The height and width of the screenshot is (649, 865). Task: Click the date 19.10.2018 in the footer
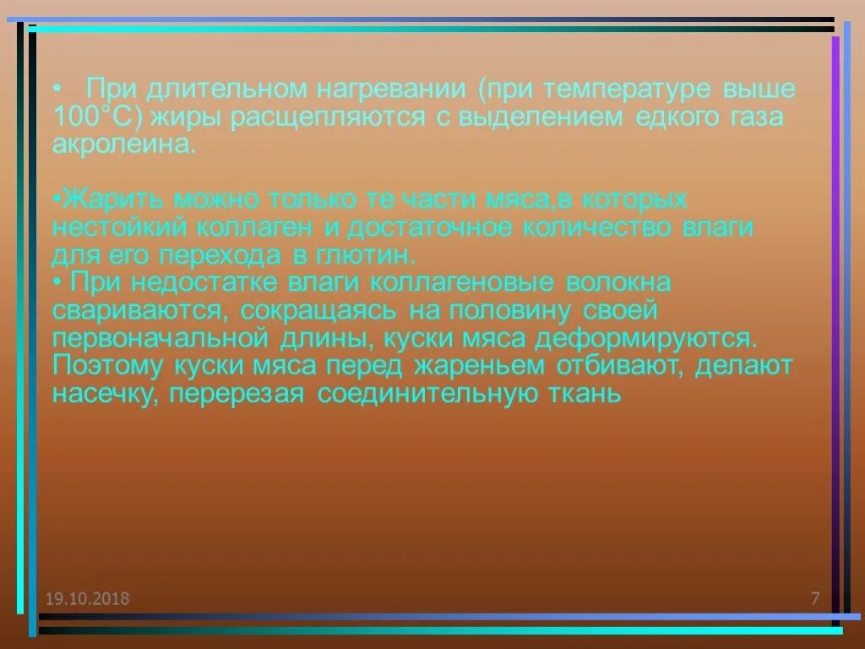88,599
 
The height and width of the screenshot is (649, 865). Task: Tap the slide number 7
815,599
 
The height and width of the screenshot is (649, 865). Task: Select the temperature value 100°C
94,117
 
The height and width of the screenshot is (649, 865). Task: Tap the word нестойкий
121,227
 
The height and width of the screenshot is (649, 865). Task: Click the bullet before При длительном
56,89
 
